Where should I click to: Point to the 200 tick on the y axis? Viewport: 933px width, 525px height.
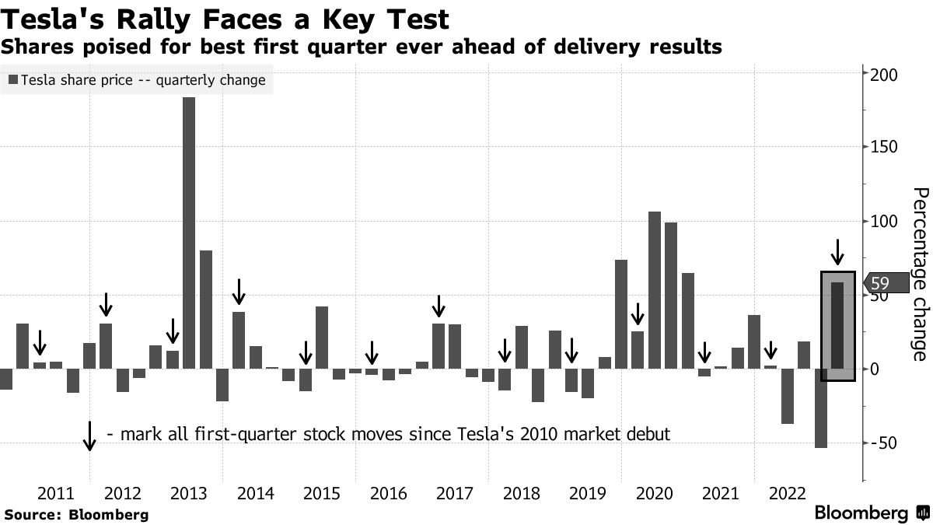click(x=885, y=75)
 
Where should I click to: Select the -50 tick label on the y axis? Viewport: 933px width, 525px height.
click(x=885, y=443)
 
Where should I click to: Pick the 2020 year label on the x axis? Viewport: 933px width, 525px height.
click(x=654, y=493)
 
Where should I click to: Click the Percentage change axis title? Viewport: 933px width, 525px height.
click(x=919, y=274)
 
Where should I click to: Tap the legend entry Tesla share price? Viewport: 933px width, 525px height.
click(x=143, y=80)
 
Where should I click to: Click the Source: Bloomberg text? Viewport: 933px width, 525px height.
click(x=76, y=515)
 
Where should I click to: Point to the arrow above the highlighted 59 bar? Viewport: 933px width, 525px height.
click(x=837, y=253)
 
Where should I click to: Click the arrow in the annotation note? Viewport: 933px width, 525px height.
click(x=89, y=436)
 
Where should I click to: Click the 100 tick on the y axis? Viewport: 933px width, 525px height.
click(x=885, y=222)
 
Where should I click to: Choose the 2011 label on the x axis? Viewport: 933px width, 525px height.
click(x=56, y=493)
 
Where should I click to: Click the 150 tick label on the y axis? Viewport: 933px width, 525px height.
click(x=885, y=148)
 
